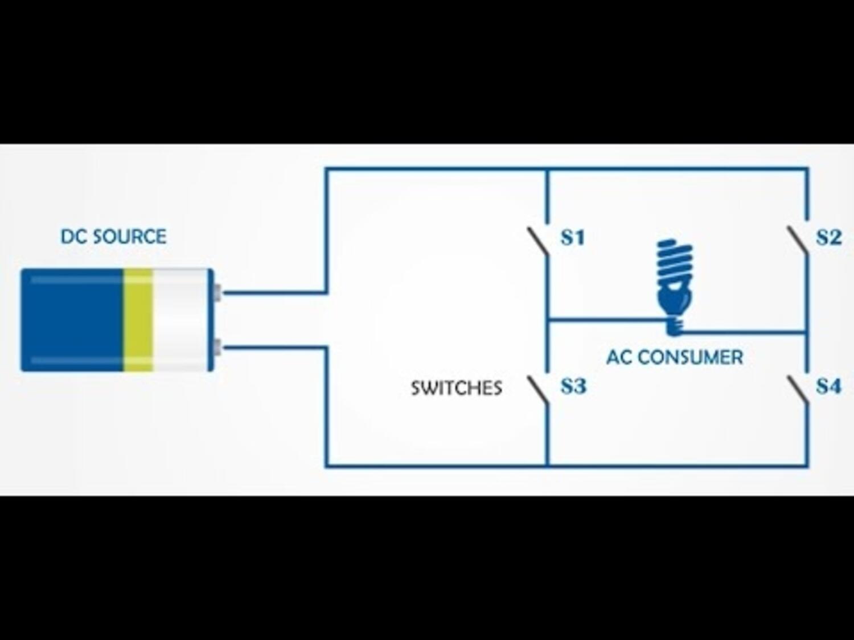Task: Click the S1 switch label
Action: click(x=573, y=237)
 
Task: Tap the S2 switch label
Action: click(x=828, y=237)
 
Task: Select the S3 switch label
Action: click(x=573, y=386)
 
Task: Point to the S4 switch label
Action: click(x=828, y=386)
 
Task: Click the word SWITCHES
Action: click(x=456, y=388)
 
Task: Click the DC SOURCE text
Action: click(x=113, y=237)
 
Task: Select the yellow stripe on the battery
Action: click(x=138, y=320)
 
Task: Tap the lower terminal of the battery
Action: click(x=217, y=346)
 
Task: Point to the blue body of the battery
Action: click(x=71, y=320)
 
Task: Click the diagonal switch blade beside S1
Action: click(x=537, y=242)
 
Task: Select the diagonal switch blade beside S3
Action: click(x=537, y=390)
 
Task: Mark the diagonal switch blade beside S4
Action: click(x=797, y=390)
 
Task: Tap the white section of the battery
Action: click(x=181, y=320)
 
